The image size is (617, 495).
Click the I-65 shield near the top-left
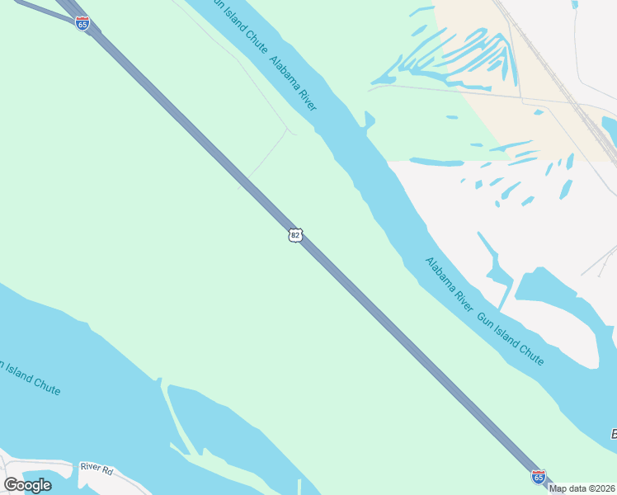pyautogui.click(x=82, y=24)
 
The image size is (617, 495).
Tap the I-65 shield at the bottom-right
pyautogui.click(x=538, y=477)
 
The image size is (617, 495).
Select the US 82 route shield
pyautogui.click(x=295, y=235)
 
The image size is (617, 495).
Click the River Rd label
pyautogui.click(x=96, y=467)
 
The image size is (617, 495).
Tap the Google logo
pyautogui.click(x=27, y=485)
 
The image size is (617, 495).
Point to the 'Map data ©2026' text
pyautogui.click(x=582, y=488)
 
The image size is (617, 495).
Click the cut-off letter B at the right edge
pyautogui.click(x=613, y=434)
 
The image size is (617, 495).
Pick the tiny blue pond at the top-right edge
pyautogui.click(x=574, y=4)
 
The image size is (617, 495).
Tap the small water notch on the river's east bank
pyautogui.click(x=368, y=121)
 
